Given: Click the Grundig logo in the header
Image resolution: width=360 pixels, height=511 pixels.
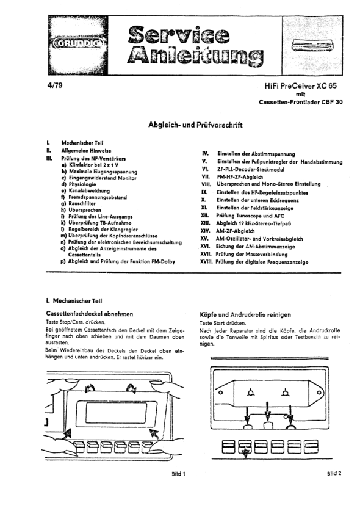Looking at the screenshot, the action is click(78, 43).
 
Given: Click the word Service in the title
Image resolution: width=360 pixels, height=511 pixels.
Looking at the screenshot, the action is click(178, 35).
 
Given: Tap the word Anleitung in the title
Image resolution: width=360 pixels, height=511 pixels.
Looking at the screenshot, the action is click(195, 56).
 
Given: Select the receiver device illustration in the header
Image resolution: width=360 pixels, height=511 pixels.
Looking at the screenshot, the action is click(312, 45).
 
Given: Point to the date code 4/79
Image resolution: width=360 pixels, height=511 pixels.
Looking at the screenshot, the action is click(54, 85).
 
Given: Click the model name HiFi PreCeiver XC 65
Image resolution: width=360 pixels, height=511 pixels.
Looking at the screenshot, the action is click(300, 86).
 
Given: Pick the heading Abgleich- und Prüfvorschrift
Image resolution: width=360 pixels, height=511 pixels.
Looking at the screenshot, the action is click(195, 125).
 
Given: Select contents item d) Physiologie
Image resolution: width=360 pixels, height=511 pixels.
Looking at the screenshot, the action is click(78, 184).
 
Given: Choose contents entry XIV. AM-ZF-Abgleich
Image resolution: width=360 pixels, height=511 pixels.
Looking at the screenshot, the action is click(228, 231).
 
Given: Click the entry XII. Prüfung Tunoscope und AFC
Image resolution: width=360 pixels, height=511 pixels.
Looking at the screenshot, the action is click(242, 216).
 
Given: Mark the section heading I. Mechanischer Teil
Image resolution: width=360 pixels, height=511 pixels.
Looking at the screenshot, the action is click(74, 301).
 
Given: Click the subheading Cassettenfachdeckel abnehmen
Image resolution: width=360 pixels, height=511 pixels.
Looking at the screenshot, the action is click(90, 314).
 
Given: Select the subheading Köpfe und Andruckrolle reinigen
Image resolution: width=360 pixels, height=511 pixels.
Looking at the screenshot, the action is click(245, 315).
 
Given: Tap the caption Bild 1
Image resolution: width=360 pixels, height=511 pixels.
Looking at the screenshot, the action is click(179, 474).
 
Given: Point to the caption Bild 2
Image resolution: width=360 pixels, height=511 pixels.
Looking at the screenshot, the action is click(334, 474).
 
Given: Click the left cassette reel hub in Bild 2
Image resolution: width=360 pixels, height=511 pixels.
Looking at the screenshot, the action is click(250, 393).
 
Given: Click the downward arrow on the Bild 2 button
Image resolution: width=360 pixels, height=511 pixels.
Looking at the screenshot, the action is click(245, 452).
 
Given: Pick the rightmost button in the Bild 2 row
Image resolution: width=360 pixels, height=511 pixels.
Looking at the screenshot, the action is click(311, 447).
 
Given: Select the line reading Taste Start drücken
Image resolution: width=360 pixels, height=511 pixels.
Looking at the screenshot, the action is click(223, 323).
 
